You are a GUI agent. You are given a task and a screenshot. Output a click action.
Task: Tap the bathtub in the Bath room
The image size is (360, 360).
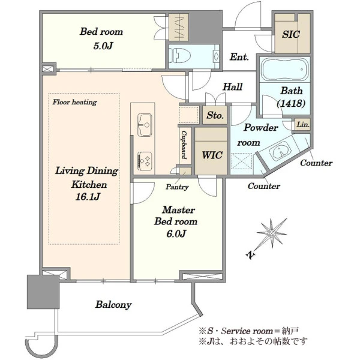point(285,69)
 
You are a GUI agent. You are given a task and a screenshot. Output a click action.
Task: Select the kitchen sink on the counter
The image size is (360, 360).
point(145,125)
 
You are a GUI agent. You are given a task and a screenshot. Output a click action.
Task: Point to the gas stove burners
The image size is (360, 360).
point(145,161)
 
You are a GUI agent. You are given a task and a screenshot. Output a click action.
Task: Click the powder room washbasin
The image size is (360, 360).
point(280,151)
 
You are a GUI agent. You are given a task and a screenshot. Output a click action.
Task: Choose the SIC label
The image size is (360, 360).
point(291,34)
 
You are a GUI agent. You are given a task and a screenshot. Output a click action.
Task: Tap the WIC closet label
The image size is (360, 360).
point(212,155)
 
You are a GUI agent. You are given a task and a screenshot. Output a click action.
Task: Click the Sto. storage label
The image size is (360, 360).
point(215,115)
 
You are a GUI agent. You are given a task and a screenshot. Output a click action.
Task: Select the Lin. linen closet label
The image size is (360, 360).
point(303,124)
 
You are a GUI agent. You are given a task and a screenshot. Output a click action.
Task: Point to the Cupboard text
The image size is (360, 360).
point(184,145)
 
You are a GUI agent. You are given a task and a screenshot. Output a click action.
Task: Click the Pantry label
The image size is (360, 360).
point(177,187)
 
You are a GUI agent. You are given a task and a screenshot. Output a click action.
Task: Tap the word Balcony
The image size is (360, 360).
point(113,305)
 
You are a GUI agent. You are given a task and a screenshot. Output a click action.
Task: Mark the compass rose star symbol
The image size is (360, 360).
point(272,233)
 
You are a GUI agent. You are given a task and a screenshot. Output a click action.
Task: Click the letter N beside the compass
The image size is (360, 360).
point(251,255)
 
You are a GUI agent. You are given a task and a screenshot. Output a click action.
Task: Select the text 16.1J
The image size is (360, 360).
point(88,197)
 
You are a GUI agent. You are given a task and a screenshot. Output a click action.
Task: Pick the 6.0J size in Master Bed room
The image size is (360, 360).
point(176,234)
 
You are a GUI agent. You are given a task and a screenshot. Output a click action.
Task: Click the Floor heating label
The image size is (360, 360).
point(74,102)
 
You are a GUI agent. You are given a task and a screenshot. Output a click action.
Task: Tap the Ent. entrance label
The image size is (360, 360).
point(239,57)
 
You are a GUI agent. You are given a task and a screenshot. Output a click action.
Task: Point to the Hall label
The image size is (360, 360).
point(233,87)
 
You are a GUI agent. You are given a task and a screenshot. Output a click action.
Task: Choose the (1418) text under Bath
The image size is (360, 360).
point(291,104)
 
